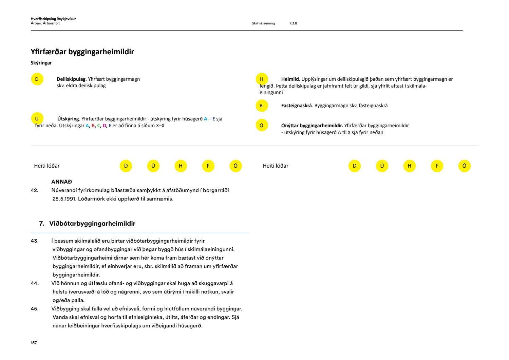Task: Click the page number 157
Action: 34,343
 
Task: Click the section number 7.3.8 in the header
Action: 293,23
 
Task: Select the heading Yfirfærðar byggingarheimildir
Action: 82,52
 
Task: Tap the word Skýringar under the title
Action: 41,63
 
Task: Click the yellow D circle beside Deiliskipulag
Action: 37,79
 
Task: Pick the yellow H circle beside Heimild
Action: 261,79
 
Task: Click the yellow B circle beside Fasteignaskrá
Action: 261,106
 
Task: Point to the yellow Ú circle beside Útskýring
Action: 37,119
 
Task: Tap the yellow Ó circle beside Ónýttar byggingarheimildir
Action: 261,126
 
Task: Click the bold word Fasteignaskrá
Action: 296,106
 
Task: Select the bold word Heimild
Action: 290,79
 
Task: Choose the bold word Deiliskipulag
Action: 71,79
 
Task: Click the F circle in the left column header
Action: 208,166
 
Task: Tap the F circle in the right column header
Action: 437,166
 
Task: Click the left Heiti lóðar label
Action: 47,166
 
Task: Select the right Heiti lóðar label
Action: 276,166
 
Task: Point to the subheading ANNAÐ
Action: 61,182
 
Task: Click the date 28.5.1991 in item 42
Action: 64,199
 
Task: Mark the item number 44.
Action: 34,283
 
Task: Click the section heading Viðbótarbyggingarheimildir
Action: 92,224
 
